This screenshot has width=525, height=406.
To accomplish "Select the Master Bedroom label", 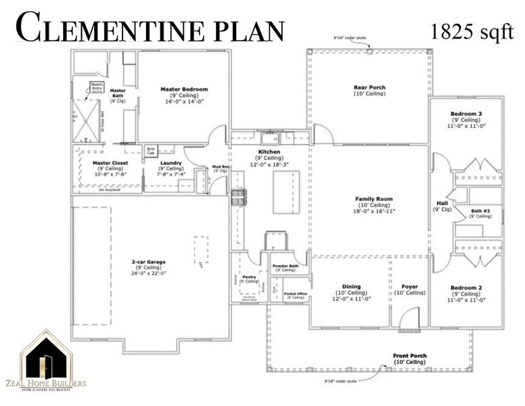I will tap(183, 89).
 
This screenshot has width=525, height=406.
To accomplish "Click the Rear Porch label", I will tap(369, 87).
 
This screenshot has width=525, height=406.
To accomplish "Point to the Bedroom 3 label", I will tap(466, 113).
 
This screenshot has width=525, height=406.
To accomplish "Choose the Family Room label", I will tap(374, 199).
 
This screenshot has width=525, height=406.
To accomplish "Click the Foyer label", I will tap(410, 286).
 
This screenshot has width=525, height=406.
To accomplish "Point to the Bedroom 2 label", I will tap(466, 288).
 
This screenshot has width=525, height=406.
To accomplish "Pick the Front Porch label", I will tap(410, 355).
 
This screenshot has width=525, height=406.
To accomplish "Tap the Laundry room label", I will tap(170, 163).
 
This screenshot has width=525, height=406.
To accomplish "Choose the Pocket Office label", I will tap(296, 294).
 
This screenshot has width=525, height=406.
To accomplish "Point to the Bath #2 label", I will tap(481, 211).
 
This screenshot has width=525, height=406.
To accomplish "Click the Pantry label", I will tap(249, 277).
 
